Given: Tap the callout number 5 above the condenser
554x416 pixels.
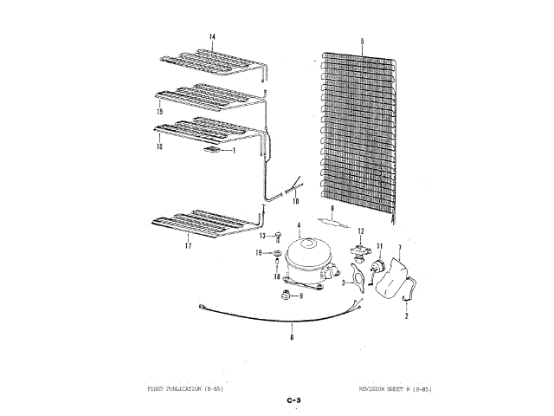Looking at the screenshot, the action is point(362,41).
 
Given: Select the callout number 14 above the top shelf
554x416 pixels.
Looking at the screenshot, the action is point(212,36).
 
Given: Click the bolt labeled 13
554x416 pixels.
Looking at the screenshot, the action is point(280,237).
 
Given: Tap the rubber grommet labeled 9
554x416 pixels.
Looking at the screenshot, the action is point(283,296).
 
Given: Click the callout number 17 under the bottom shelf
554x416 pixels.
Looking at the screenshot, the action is point(186,247).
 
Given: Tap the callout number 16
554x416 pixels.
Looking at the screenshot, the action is point(159,147).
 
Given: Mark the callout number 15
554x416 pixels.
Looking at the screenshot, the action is point(159,113).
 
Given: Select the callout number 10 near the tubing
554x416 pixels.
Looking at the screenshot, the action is point(294,201).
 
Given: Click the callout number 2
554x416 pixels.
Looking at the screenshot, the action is point(407,317).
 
